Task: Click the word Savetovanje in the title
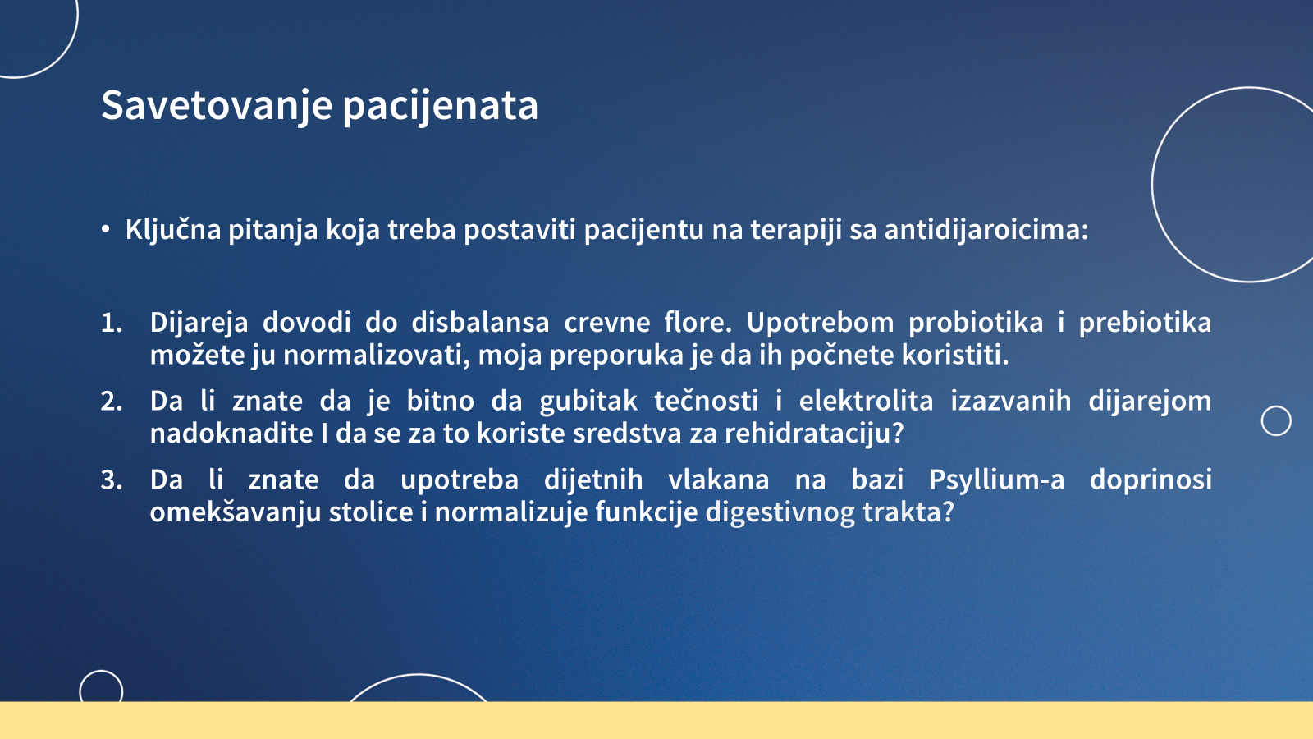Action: pos(217,106)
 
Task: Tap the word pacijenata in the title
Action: pos(440,106)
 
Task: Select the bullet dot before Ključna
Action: pos(106,229)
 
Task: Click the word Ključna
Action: pos(173,229)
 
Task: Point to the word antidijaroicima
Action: pos(986,229)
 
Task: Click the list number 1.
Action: pos(112,323)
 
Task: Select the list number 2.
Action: pos(112,402)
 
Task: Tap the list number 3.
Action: pos(112,480)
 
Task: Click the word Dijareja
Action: pos(199,324)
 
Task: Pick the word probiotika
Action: pos(976,324)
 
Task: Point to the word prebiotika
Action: pos(1145,324)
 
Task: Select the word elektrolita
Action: pos(866,402)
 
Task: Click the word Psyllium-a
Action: pos(996,480)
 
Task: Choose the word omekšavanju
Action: pos(236,512)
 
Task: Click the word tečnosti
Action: pos(706,402)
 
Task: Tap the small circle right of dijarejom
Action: pos(1276,420)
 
